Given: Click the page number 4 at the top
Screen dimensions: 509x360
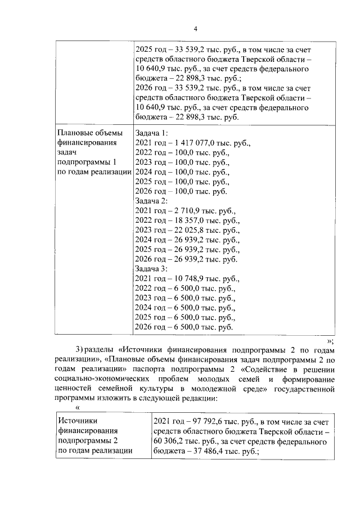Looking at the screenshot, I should (x=195, y=29).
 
